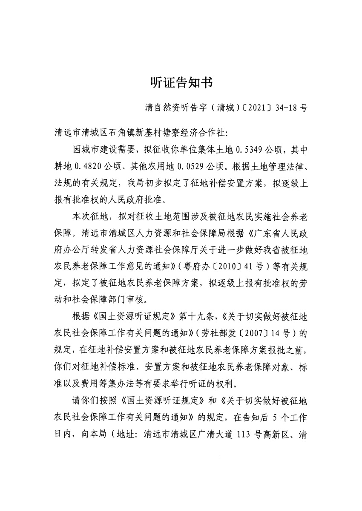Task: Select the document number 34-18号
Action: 287,108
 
